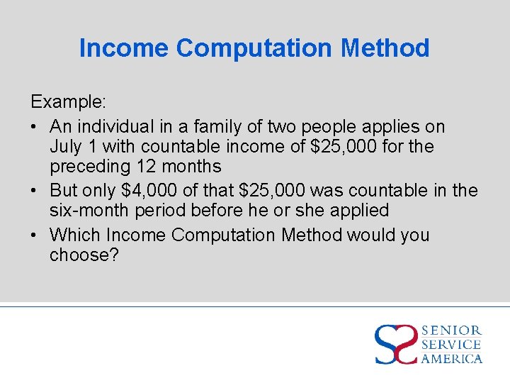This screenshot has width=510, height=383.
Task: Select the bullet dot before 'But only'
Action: [x=35, y=191]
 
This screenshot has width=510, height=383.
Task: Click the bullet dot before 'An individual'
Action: [x=35, y=127]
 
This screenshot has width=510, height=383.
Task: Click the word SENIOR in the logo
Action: [x=451, y=331]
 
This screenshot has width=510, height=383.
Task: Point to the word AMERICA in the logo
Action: [x=451, y=358]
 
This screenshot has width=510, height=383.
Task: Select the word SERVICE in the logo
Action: [x=451, y=345]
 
